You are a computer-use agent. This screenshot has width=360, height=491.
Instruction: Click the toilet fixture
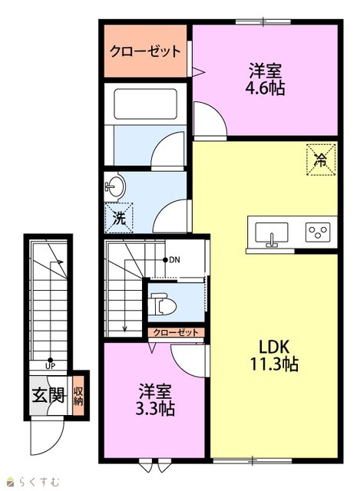[x=163, y=304]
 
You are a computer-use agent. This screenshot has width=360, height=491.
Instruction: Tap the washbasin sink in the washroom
[x=114, y=187]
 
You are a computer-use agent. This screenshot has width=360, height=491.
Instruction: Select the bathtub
[x=145, y=104]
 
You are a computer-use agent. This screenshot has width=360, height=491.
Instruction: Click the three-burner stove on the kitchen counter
[x=318, y=232]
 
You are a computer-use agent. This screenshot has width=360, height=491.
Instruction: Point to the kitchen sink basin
[x=271, y=233]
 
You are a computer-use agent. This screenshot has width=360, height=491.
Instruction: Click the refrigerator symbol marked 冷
[x=321, y=160]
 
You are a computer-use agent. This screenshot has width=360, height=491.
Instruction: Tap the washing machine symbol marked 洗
[x=119, y=218]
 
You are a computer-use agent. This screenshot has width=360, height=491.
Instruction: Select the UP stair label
[x=50, y=365]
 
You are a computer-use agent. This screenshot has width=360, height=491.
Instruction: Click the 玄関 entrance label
[x=48, y=395]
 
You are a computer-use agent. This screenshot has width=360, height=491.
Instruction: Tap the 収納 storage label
[x=78, y=396]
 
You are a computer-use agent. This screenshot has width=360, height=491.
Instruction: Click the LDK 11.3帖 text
[x=273, y=355]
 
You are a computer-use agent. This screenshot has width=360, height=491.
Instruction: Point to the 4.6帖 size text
[x=265, y=88]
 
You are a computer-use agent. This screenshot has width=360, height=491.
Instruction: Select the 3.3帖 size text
[x=155, y=408]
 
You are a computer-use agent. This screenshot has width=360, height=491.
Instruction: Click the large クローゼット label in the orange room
[x=145, y=51]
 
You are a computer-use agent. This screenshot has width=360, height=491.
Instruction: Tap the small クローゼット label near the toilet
[x=176, y=332]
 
